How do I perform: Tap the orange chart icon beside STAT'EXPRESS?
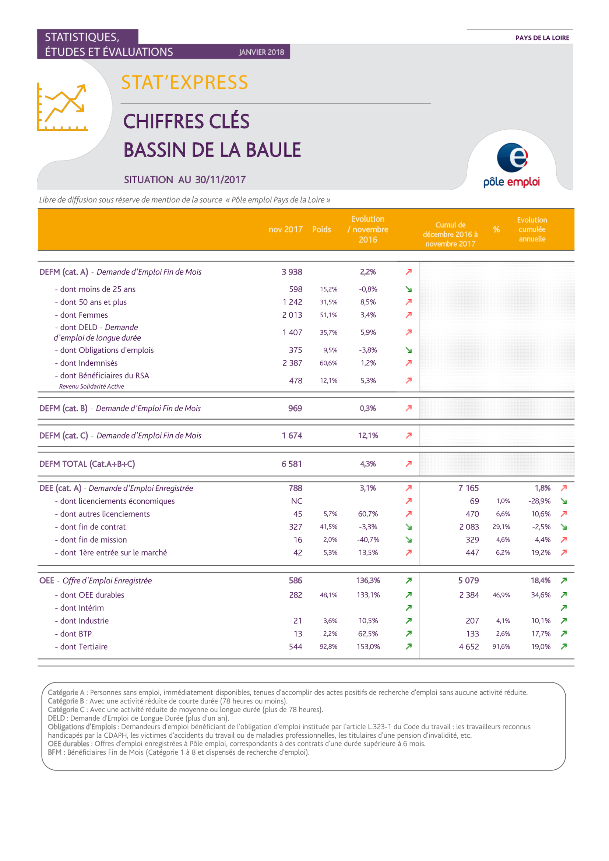62,107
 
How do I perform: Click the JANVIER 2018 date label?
261,52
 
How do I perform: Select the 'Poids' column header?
321,229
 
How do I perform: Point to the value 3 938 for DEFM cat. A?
292,272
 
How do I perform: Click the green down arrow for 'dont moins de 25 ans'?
409,289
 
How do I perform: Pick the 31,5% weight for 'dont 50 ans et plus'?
328,302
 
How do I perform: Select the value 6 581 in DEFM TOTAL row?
292,464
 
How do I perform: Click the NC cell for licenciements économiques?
297,501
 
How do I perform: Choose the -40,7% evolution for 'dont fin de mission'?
368,540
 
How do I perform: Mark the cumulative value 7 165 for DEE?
468,488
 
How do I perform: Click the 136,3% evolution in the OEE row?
368,581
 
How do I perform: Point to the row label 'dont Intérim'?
80,608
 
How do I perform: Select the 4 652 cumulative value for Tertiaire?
469,646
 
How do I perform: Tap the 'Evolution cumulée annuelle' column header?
532,229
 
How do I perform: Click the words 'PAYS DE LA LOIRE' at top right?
542,38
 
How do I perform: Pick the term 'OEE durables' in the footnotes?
68,744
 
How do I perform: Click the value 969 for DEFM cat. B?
295,408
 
